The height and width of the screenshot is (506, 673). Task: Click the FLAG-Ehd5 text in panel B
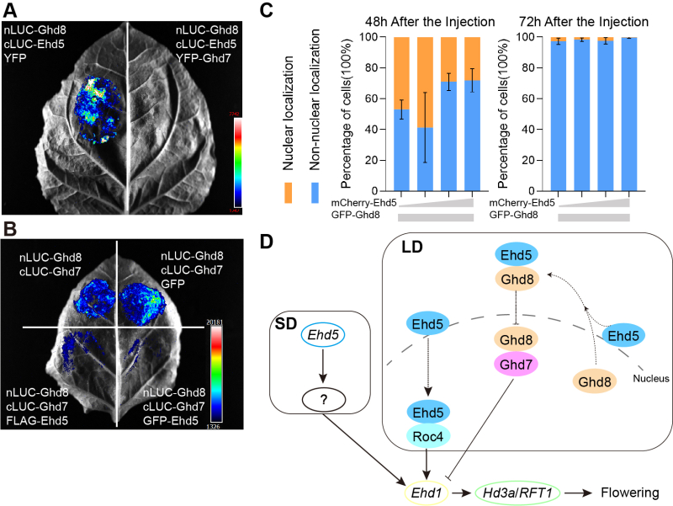point(40,414)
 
